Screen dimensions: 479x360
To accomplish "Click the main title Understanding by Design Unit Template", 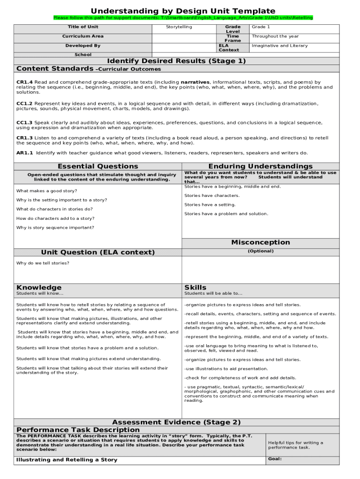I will point(183,11).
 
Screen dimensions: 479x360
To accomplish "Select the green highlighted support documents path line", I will point(183,18).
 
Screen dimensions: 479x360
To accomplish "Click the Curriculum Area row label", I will point(83,36).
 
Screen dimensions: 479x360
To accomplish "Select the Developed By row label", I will point(83,46).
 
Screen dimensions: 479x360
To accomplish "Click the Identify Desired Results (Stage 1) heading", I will point(176,61).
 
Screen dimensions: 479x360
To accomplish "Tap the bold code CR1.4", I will point(24,82).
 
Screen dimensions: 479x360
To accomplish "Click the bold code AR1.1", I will point(24,152).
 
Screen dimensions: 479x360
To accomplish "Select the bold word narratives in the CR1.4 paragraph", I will point(195,82).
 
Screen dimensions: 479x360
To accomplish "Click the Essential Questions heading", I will point(98,166).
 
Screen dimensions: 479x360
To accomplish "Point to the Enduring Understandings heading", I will point(260,166).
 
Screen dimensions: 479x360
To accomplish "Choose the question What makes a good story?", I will point(47,191).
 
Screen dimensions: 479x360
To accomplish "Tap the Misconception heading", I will point(260,242).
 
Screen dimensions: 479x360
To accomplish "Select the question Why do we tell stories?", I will point(43,263).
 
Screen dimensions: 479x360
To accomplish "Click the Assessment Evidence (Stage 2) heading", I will point(176,422).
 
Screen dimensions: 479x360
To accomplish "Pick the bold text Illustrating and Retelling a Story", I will point(67,460).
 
